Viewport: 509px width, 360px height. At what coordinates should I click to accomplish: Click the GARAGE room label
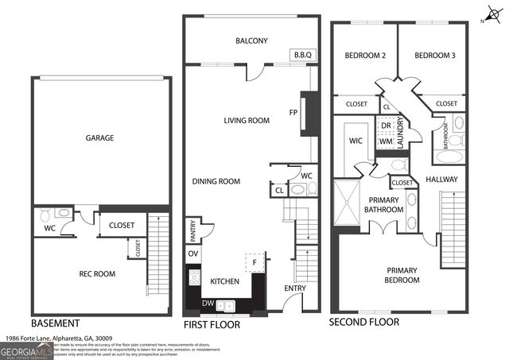[99, 138]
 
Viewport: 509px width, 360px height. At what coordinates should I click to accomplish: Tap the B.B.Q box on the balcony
[304, 55]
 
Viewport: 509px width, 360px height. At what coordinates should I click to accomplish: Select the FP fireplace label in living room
[294, 112]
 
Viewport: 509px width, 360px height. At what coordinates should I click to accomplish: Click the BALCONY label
[251, 41]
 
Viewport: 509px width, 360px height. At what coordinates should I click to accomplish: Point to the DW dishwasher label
[207, 303]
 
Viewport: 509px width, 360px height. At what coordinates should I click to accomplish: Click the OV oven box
[193, 254]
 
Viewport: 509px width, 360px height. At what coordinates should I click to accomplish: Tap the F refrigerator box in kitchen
[254, 261]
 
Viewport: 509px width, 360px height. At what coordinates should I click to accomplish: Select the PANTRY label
[193, 231]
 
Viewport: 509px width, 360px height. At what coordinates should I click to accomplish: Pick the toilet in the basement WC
[45, 215]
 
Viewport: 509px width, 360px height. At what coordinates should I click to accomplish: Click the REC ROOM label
[97, 274]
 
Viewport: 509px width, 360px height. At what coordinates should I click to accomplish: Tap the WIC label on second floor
[355, 141]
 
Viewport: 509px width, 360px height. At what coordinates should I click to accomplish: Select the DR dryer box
[386, 126]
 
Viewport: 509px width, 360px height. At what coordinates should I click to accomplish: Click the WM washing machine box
[386, 141]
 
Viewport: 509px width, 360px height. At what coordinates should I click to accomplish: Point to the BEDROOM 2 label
[364, 55]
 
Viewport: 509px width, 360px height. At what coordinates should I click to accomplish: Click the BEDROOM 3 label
[435, 55]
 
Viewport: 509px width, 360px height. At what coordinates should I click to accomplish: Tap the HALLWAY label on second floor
[441, 180]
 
